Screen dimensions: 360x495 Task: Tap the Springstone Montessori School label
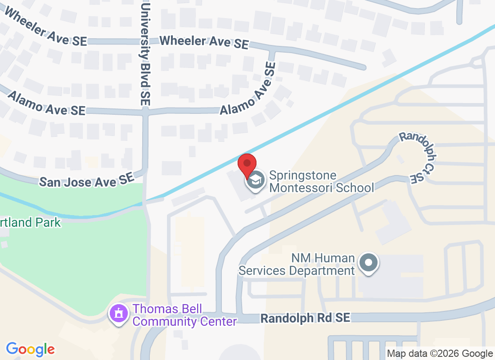(x=321, y=181)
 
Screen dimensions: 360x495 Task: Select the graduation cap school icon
(x=256, y=181)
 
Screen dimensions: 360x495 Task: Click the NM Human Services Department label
(x=297, y=264)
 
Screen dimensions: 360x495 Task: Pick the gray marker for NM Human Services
(x=369, y=262)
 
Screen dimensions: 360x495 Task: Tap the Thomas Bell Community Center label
(x=184, y=315)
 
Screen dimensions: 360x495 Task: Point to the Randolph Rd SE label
(x=305, y=318)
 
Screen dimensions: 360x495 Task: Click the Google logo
(x=31, y=349)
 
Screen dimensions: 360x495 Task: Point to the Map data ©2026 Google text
(x=440, y=354)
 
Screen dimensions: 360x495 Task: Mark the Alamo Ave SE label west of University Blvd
(x=46, y=103)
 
